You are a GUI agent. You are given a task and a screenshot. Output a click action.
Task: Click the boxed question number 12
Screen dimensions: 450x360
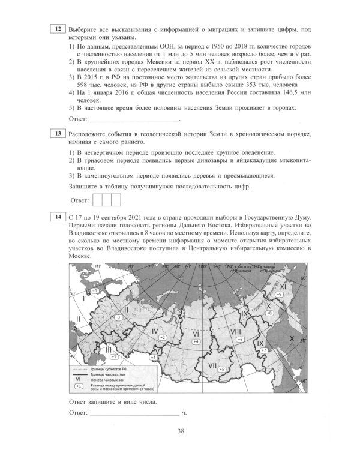58,29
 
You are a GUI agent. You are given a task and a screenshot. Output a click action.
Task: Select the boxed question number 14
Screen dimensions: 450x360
58,217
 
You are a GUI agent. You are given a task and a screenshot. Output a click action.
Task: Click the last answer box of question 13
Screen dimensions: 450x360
116,199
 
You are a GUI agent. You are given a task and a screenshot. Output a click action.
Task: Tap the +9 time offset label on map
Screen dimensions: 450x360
279,295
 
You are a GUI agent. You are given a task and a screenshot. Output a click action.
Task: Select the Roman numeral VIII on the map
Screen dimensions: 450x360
236,331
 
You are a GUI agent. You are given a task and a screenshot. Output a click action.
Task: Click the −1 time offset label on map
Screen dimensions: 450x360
94,290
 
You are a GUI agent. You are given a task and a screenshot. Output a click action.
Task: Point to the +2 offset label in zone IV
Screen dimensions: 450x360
161,338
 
